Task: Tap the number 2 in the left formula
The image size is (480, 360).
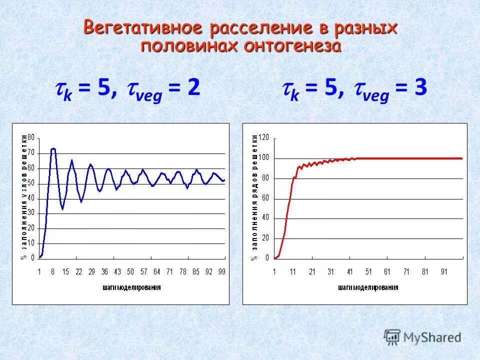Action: click(194, 88)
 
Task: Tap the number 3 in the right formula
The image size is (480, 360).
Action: click(420, 88)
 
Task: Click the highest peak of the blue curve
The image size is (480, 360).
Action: click(53, 148)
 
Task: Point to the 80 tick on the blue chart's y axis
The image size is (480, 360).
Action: click(31, 137)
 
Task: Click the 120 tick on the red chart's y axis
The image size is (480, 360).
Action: click(263, 137)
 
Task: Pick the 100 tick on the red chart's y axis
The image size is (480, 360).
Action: click(263, 158)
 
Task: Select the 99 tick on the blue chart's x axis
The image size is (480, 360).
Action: click(222, 271)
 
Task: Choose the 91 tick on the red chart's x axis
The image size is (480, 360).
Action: click(443, 271)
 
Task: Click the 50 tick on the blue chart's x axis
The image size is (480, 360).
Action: click(130, 271)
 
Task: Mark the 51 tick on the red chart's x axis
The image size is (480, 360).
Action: click(368, 271)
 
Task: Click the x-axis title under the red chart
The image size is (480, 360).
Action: click(368, 287)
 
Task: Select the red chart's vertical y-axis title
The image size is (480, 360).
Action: click(254, 197)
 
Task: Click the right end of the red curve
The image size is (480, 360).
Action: click(461, 158)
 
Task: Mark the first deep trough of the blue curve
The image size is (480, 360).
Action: click(63, 208)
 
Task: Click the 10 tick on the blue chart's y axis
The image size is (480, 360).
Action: click(31, 243)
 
